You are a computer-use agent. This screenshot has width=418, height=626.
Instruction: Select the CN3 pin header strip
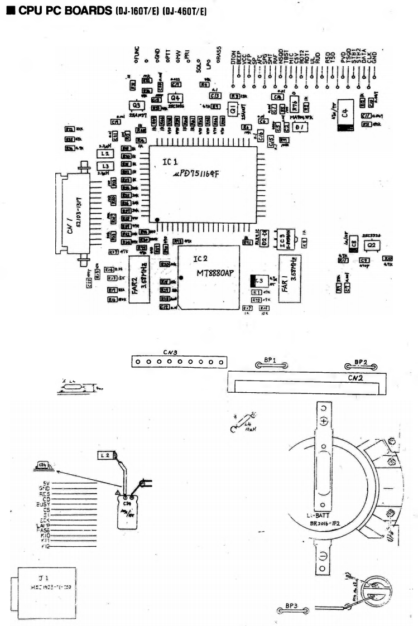pyautogui.click(x=178, y=362)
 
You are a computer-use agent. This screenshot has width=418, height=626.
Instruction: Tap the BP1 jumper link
pyautogui.click(x=271, y=366)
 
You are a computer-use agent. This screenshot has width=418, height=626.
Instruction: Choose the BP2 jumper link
pyautogui.click(x=361, y=366)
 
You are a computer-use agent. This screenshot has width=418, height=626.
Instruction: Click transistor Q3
pyautogui.click(x=134, y=106)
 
